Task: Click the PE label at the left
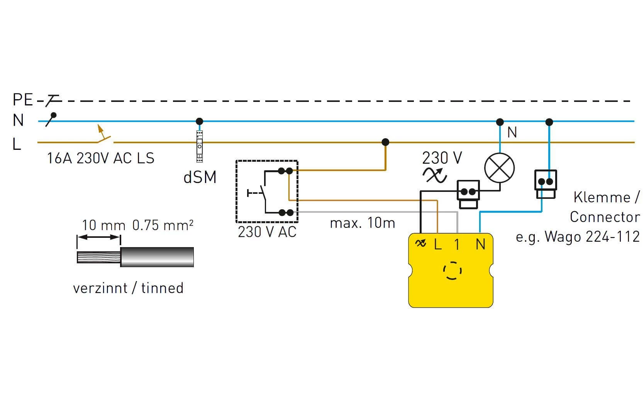point(23,100)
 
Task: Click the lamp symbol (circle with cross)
point(500,168)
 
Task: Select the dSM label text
point(200,177)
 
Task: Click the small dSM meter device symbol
point(200,146)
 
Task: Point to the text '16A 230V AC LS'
point(100,158)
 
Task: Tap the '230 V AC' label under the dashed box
point(267,232)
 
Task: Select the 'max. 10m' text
point(362,223)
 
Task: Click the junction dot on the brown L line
point(385,142)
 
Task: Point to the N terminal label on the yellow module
point(480,244)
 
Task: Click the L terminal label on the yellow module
point(438,244)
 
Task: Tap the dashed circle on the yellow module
point(452,270)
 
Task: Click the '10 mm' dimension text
point(103,225)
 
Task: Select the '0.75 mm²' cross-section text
point(163,225)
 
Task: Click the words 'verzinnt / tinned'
point(128,288)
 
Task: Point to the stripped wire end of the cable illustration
point(98,257)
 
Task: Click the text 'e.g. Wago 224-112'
point(578,237)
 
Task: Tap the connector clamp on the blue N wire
point(546,184)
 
